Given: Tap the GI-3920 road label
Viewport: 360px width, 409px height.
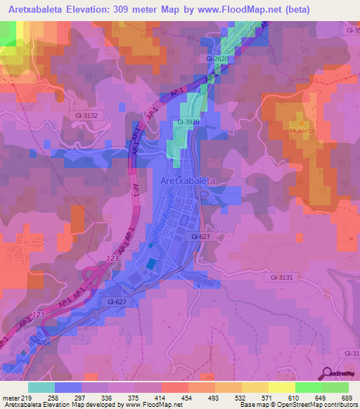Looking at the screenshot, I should click(x=190, y=121).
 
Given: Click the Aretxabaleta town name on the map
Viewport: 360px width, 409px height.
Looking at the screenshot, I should click(x=187, y=181).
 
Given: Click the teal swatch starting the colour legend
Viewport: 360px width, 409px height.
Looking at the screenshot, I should click(x=41, y=387).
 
